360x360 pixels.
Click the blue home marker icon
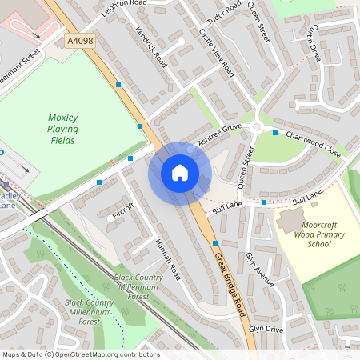click(179, 173)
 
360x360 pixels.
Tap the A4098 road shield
click(79, 39)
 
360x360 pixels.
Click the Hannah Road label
click(168, 259)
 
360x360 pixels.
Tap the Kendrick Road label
click(150, 47)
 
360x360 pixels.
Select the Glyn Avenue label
click(260, 270)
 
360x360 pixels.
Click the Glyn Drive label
click(266, 329)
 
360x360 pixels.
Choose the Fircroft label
click(123, 215)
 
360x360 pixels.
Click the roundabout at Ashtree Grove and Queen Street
click(257, 128)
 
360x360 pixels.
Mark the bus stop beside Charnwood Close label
click(275, 133)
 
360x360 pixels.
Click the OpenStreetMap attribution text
click(80, 354)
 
